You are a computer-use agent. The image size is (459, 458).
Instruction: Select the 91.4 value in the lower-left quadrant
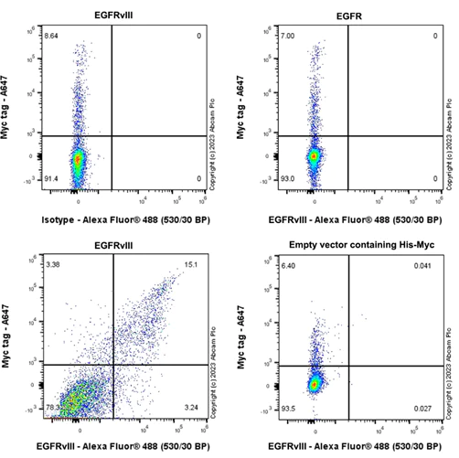(51, 190)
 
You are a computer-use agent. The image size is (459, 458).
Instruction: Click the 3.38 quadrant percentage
(51, 265)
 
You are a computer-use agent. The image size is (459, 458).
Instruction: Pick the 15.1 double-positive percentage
(190, 265)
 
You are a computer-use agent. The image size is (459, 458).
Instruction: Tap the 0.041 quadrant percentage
(422, 265)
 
